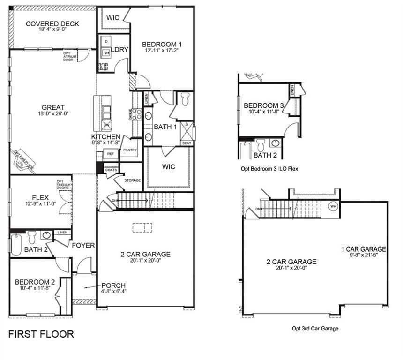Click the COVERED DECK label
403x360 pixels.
(x=52, y=24)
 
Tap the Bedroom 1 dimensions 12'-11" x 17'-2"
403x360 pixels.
(x=161, y=50)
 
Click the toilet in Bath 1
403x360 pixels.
(x=185, y=99)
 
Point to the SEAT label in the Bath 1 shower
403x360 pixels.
(x=186, y=143)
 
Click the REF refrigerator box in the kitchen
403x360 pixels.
(x=111, y=154)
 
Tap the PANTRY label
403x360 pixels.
(x=130, y=150)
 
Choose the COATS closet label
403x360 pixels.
(x=112, y=170)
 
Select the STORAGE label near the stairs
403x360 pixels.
(x=133, y=180)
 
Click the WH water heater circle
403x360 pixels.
(x=333, y=206)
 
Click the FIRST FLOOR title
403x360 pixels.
(x=41, y=334)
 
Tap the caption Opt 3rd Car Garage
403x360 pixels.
(x=315, y=329)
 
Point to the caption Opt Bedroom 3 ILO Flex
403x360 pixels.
(x=268, y=168)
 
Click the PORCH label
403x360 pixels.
(x=113, y=285)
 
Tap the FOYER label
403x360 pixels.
(x=83, y=245)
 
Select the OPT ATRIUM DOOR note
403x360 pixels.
(x=68, y=56)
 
